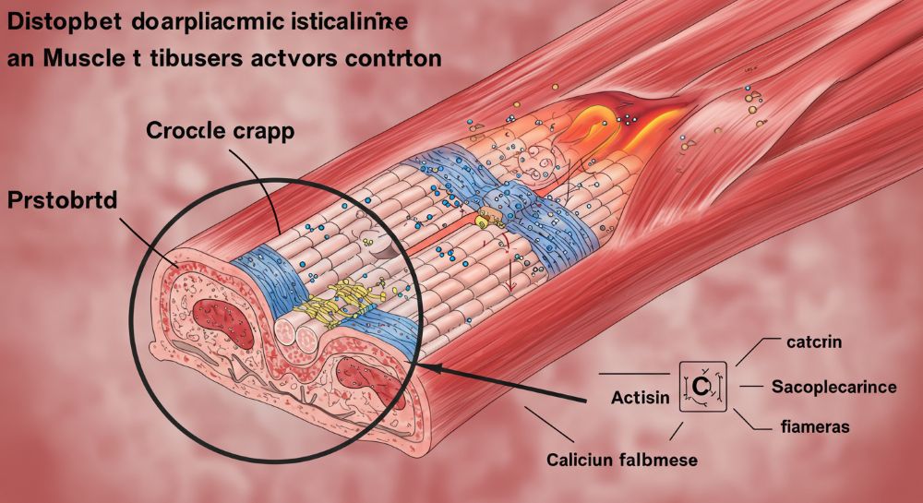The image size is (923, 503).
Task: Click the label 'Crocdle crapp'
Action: point(220,130)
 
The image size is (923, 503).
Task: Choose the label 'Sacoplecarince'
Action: point(833,387)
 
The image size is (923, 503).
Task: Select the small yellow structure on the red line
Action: point(486,219)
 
